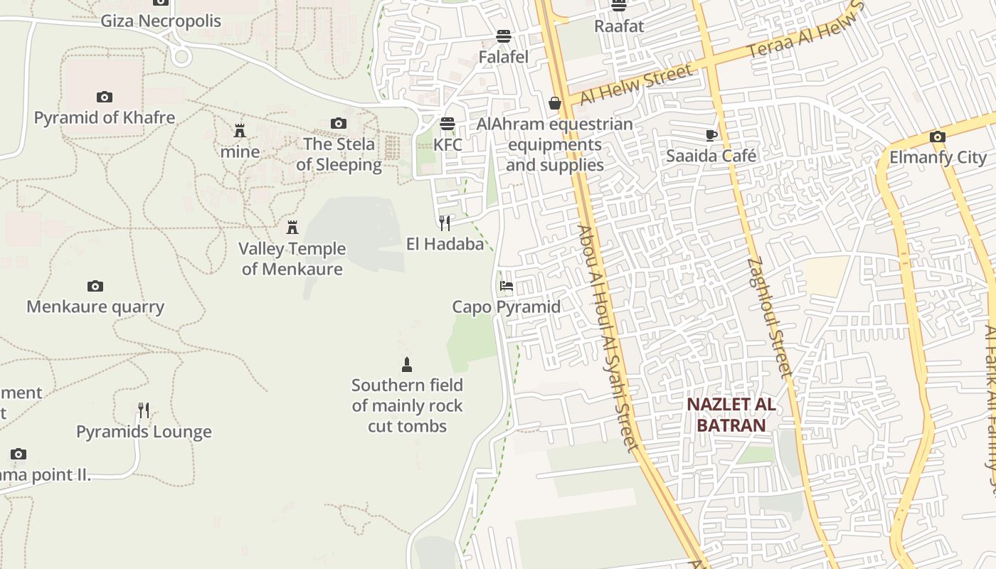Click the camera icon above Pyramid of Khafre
pos(105,97)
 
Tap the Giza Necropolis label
pos(161,21)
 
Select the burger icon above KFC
pos(447,124)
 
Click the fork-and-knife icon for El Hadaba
pos(445,223)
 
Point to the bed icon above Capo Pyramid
pos(507,286)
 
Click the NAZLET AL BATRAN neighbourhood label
pos(731,415)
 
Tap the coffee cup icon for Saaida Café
pos(711,135)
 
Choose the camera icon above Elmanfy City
pos(938,137)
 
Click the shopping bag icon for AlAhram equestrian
pos(555,104)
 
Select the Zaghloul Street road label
pos(770,317)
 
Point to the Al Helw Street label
pos(636,85)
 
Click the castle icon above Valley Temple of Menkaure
pos(292,228)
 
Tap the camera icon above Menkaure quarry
pos(95,286)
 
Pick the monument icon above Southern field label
pos(407,365)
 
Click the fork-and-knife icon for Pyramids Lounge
pos(144,410)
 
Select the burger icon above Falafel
pos(504,36)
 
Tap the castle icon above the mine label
pos(240,131)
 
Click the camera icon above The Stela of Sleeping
pos(339,124)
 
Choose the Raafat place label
pos(619,26)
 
